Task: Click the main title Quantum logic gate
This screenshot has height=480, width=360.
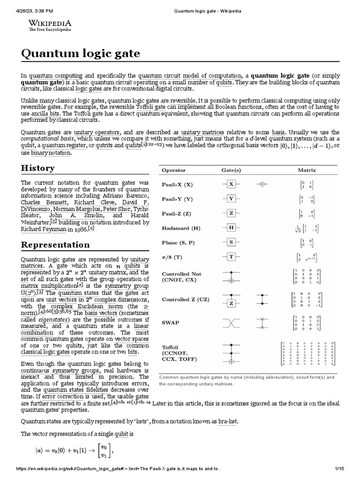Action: [x=81, y=53]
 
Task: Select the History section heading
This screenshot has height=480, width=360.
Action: [x=38, y=168]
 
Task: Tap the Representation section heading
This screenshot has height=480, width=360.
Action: [x=55, y=245]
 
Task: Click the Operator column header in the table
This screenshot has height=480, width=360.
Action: [x=174, y=170]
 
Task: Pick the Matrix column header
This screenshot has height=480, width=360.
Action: [x=307, y=170]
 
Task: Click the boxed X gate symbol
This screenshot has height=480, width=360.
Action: [x=231, y=184]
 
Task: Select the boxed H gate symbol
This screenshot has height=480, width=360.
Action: [x=231, y=227]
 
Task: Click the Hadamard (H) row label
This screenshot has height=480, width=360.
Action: [x=181, y=228]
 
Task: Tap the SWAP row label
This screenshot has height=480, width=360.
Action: [x=171, y=323]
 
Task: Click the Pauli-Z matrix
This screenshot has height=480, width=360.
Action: [x=307, y=213]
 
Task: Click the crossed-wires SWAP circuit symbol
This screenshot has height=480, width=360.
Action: [x=231, y=323]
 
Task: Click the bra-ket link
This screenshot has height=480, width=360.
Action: [x=228, y=421]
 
